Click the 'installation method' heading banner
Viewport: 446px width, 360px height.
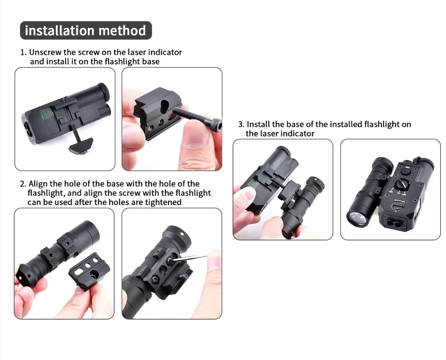(x=86, y=31)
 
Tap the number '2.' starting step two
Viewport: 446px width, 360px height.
(x=23, y=184)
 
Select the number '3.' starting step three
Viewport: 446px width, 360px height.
(x=241, y=125)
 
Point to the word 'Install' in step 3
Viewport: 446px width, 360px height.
(x=258, y=124)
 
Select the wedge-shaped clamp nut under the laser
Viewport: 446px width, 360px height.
(x=81, y=145)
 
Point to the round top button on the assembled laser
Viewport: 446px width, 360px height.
(x=407, y=172)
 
